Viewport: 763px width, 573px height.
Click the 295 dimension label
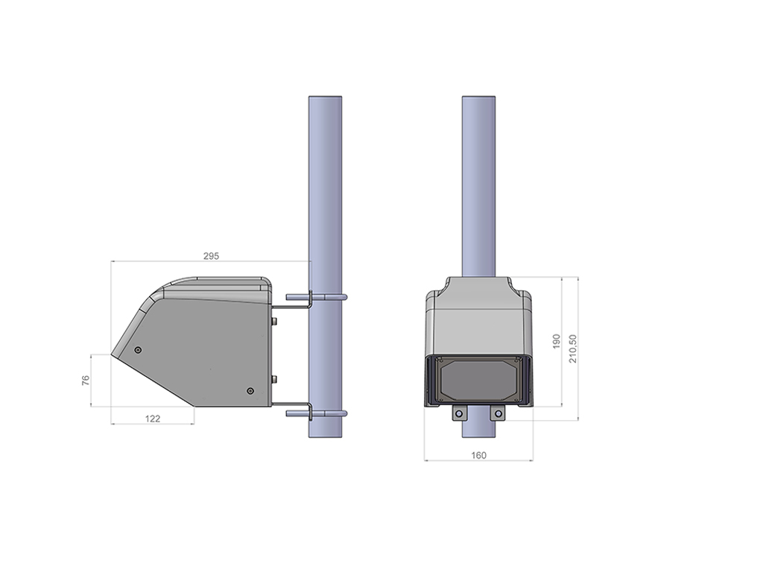coord(211,255)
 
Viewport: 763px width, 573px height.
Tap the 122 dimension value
coord(152,419)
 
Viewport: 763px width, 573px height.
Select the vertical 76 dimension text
coord(86,380)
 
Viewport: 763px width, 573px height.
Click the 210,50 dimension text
coord(573,348)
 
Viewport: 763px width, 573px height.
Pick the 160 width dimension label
coord(478,455)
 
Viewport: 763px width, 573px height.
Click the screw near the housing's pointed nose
coord(138,350)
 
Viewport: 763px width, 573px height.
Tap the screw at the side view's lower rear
coord(249,391)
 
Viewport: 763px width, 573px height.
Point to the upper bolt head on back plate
coord(275,321)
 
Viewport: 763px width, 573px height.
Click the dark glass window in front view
coord(478,380)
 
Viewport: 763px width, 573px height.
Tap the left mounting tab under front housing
coord(459,413)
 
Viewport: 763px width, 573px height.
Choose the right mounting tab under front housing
coord(497,413)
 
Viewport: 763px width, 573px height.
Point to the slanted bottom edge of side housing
coord(153,381)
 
